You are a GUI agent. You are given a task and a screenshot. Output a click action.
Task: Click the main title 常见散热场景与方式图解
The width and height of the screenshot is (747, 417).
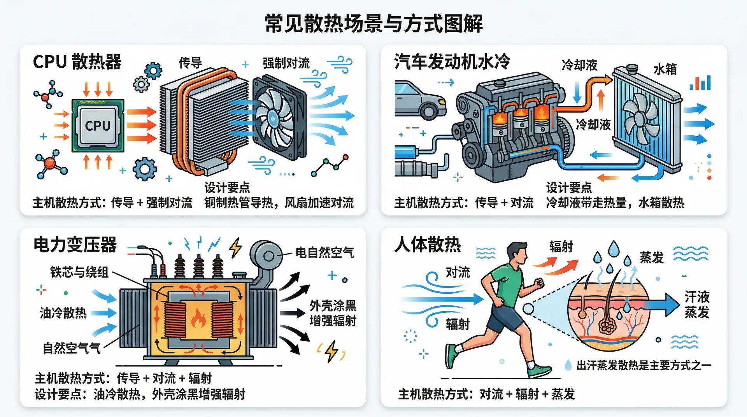click(x=373, y=23)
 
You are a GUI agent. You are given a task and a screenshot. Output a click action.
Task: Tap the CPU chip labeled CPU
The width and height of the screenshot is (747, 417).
click(x=98, y=126)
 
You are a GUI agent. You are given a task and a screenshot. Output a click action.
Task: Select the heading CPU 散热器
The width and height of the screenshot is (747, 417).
click(x=77, y=62)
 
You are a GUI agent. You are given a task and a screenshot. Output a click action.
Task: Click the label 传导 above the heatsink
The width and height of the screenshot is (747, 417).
click(x=190, y=63)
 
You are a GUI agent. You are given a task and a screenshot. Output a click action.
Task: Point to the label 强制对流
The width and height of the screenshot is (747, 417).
click(x=286, y=63)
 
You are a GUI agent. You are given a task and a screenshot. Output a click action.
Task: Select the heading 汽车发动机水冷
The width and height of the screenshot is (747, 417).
click(x=452, y=62)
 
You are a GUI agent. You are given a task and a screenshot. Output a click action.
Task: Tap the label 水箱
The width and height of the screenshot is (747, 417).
click(x=665, y=69)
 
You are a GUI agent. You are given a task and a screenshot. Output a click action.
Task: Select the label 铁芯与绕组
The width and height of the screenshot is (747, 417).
click(x=79, y=272)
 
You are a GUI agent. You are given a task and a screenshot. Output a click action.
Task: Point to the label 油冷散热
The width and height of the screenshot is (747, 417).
click(x=63, y=313)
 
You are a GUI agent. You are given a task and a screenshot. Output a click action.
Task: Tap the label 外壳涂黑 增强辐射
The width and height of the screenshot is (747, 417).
click(x=333, y=313)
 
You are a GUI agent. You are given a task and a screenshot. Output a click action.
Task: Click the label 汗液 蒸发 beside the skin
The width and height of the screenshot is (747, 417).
click(x=697, y=305)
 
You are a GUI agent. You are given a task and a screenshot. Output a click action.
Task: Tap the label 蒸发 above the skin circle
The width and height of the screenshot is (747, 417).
click(x=652, y=258)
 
